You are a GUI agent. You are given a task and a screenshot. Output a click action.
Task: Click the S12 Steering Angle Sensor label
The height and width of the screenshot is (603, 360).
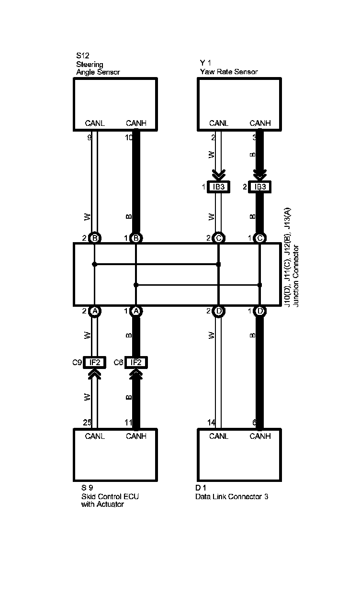pyautogui.click(x=98, y=65)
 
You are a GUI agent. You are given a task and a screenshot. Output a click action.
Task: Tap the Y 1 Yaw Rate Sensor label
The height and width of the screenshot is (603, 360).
pyautogui.click(x=229, y=67)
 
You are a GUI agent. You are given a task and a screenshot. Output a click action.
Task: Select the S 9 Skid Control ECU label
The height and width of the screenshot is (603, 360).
pyautogui.click(x=110, y=496)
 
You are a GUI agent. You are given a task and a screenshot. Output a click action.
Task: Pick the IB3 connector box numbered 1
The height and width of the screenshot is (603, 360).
pyautogui.click(x=218, y=187)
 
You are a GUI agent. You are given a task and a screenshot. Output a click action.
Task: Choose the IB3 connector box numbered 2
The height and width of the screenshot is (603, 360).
pyautogui.click(x=260, y=187)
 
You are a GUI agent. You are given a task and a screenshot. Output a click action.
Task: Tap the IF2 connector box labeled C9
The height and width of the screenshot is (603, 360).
pyautogui.click(x=95, y=362)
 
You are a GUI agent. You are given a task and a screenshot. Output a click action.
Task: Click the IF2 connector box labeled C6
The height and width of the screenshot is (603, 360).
pyautogui.click(x=136, y=362)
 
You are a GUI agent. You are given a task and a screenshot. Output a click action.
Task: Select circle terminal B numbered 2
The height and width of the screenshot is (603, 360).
pyautogui.click(x=95, y=238)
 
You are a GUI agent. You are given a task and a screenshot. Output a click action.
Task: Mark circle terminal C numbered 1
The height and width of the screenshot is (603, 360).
pyautogui.click(x=260, y=238)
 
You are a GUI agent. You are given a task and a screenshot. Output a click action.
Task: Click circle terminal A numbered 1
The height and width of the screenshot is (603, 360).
pyautogui.click(x=136, y=311)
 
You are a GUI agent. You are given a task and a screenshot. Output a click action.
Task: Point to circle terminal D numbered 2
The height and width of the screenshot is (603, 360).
pyautogui.click(x=218, y=311)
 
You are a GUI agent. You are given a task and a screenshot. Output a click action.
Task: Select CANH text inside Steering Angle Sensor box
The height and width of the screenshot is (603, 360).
pyautogui.click(x=136, y=123)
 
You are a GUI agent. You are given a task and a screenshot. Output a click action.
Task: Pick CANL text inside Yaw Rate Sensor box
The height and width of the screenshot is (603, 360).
pyautogui.click(x=219, y=123)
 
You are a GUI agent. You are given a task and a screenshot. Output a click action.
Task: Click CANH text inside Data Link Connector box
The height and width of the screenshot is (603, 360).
pyautogui.click(x=260, y=436)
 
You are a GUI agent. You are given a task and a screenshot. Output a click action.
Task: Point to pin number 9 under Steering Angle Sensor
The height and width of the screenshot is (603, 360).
pyautogui.click(x=89, y=138)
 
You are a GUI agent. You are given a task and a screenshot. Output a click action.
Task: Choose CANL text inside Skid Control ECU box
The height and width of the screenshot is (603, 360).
pyautogui.click(x=95, y=436)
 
